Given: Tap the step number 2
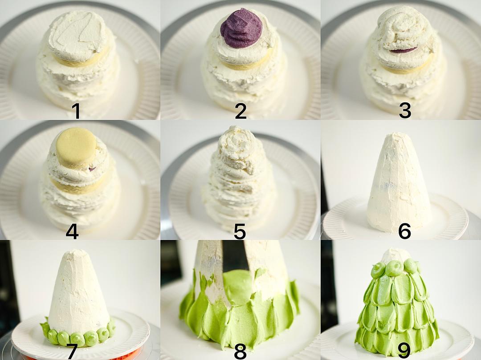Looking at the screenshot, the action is coord(241,111).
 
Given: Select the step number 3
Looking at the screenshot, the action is coord(404,111).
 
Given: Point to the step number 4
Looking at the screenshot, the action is coord(72,231).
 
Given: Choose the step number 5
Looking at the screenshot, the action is coord(240,231).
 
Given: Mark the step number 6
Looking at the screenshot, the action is coord(404,231).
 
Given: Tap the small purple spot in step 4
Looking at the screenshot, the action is coord(91,168).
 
